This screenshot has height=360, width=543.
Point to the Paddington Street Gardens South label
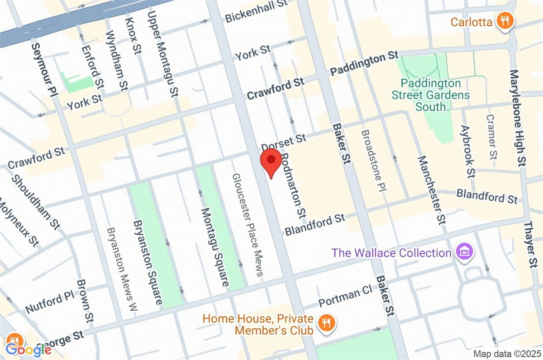[x=430, y=95]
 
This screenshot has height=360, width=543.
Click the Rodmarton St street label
[x=292, y=184]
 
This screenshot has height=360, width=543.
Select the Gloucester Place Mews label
[x=247, y=224]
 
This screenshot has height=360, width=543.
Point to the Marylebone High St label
[x=519, y=117]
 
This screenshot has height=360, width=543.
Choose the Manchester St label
[x=430, y=191]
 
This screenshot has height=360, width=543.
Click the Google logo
[x=28, y=349]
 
